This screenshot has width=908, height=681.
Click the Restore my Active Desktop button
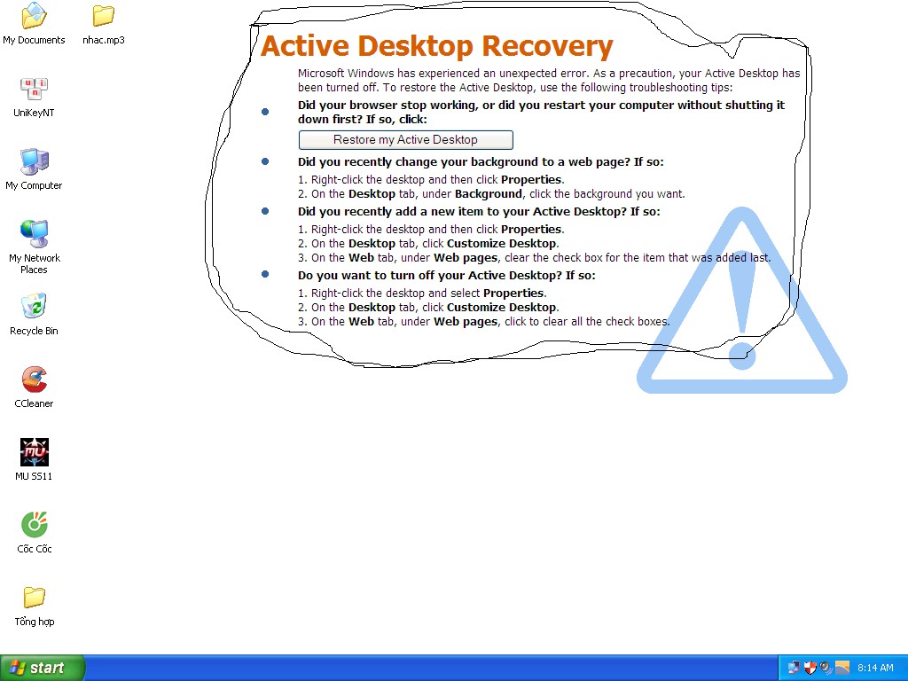(x=405, y=139)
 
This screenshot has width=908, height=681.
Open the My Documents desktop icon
(x=35, y=16)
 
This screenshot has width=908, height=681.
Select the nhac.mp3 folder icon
(x=104, y=16)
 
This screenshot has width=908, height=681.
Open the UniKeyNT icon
(x=35, y=89)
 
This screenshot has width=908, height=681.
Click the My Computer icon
(x=35, y=161)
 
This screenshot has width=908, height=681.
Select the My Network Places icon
(x=35, y=234)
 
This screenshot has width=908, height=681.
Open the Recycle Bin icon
(x=35, y=306)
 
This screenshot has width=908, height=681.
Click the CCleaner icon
(x=35, y=380)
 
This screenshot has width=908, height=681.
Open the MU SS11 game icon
(x=35, y=452)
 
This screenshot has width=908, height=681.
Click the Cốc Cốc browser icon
(x=35, y=525)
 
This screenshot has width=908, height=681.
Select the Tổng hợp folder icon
(x=35, y=597)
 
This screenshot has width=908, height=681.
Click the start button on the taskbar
(x=43, y=668)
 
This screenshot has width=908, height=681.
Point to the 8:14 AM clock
(x=875, y=668)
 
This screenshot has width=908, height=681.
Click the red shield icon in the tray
(x=810, y=668)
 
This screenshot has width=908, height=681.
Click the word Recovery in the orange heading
(x=547, y=46)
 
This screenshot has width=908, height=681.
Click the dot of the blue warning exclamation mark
(x=742, y=356)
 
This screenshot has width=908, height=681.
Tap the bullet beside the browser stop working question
(x=265, y=112)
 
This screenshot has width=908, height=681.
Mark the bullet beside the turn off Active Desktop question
(x=265, y=274)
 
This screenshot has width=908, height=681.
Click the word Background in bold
(x=489, y=194)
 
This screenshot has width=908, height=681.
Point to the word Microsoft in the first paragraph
(x=320, y=74)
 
